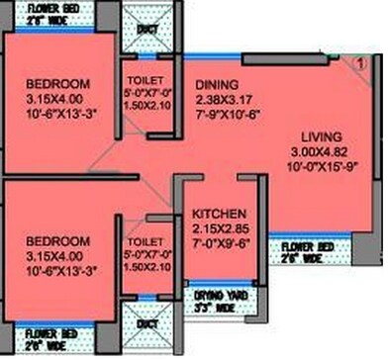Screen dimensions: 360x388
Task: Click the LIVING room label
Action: (x=322, y=135)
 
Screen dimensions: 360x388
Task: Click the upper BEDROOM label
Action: (x=57, y=82)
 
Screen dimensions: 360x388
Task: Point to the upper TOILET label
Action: (x=145, y=79)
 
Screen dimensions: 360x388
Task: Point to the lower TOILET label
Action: (x=144, y=240)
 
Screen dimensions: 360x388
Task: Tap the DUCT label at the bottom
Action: (x=145, y=323)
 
